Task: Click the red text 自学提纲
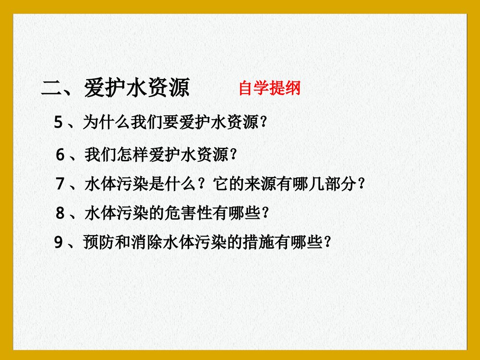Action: [269, 88]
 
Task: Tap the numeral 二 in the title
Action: [51, 88]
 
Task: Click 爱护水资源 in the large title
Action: [137, 88]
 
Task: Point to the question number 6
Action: [60, 155]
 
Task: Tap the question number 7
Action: [60, 184]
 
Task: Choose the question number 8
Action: [60, 213]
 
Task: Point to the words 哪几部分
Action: [329, 184]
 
